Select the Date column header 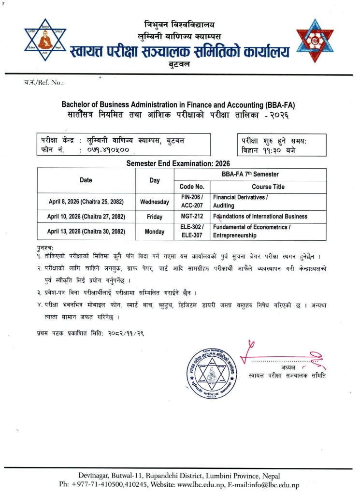(x=86, y=180)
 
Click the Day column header (x=154, y=180)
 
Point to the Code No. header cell (x=192, y=187)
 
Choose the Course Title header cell (x=268, y=187)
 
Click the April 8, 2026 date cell (x=86, y=202)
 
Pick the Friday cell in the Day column (x=154, y=217)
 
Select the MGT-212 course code (x=192, y=217)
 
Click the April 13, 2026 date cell (x=86, y=232)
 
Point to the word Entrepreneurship (x=234, y=236)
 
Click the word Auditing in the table (x=223, y=205)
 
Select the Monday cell (x=154, y=232)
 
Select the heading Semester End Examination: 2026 (x=178, y=164)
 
